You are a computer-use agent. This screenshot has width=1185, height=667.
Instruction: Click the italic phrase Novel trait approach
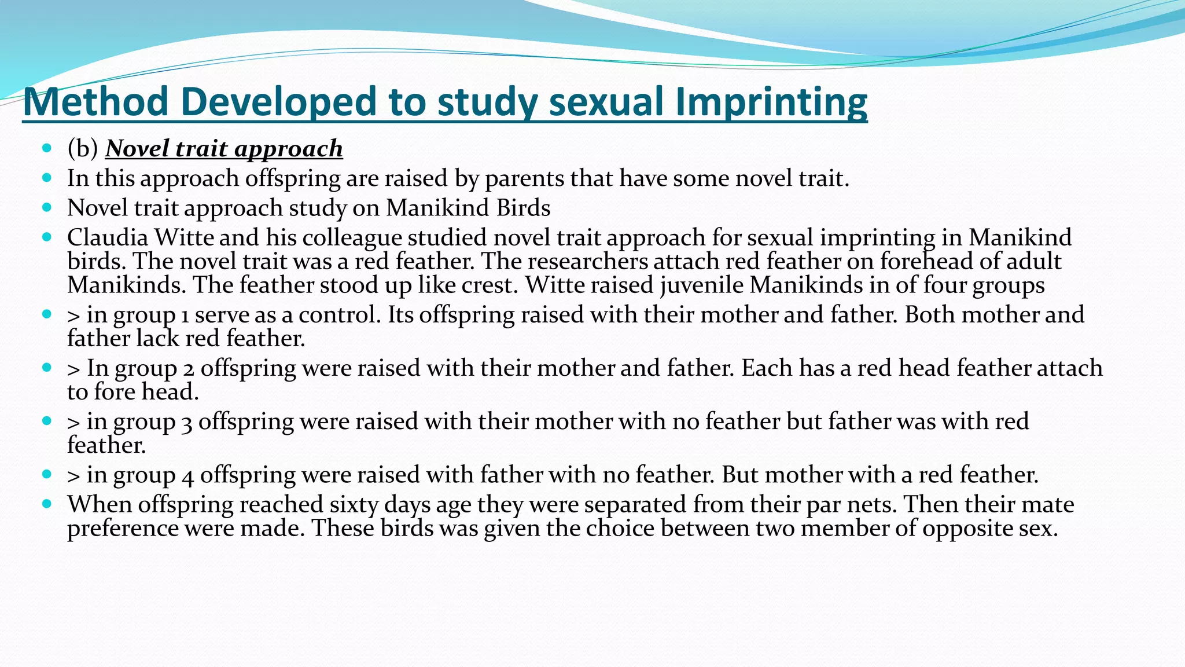pos(224,149)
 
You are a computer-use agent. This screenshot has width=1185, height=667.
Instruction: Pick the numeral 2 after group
pos(188,369)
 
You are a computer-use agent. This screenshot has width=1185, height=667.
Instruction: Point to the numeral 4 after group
pos(187,475)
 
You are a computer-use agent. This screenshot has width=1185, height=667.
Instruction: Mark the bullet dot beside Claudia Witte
pos(47,237)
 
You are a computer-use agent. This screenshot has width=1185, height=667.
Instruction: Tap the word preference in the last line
pos(123,528)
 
